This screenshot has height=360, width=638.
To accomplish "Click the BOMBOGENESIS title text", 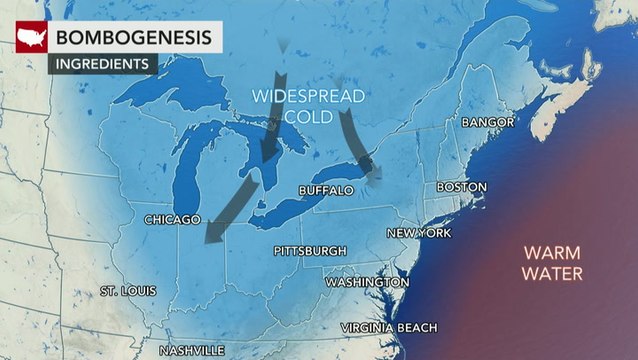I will [x=134, y=37].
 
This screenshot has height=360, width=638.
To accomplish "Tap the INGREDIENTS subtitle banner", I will [x=103, y=63].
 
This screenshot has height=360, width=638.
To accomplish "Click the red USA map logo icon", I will [x=31, y=38].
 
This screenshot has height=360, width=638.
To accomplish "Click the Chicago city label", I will [x=172, y=219].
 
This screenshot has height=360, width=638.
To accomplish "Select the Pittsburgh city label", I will [x=310, y=251].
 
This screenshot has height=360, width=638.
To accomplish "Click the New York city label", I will [x=418, y=233].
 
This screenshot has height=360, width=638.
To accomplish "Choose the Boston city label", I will [x=461, y=188].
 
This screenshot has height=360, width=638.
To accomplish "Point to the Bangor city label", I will [x=487, y=122].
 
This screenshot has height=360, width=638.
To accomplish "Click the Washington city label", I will [x=366, y=283].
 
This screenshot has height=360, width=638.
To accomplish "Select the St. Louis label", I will [x=128, y=291].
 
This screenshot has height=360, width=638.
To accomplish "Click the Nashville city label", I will [x=193, y=351].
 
